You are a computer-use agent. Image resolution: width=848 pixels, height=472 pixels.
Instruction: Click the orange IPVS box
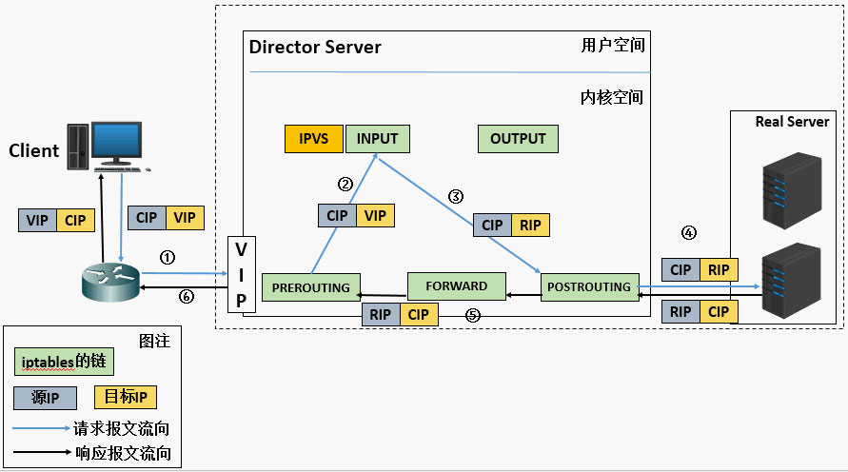click(x=314, y=139)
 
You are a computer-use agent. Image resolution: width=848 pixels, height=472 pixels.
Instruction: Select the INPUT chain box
click(x=377, y=139)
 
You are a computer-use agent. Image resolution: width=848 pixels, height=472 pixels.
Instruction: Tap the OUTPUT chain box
click(x=518, y=139)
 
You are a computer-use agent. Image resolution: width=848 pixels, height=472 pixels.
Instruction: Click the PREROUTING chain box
click(x=310, y=287)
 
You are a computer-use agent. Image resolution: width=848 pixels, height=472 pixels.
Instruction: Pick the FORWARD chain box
click(x=456, y=286)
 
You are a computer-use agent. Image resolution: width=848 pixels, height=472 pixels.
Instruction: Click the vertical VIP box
click(x=241, y=275)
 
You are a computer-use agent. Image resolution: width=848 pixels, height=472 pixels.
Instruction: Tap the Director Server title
click(x=315, y=47)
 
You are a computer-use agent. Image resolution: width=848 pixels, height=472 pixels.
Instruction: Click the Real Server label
click(x=792, y=122)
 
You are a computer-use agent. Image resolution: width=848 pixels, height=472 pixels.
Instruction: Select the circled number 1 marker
click(x=168, y=257)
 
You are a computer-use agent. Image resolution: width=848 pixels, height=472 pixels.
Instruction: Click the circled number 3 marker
click(x=456, y=197)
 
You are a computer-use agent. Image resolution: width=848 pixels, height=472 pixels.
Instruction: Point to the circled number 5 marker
click(x=472, y=314)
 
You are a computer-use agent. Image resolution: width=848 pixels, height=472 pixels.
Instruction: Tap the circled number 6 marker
click(x=187, y=297)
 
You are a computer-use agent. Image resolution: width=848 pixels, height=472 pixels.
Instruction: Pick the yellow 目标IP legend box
click(x=125, y=398)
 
